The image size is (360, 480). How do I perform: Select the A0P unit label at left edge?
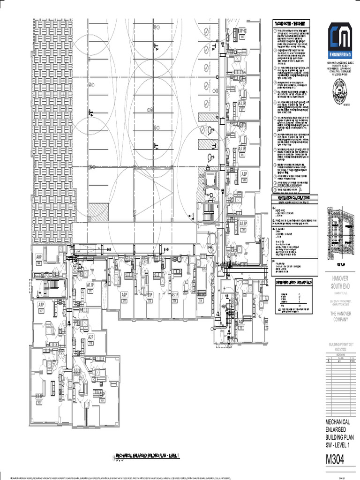pos(39,257)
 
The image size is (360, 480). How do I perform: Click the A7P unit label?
pos(41,305)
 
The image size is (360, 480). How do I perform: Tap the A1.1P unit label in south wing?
pos(90,285)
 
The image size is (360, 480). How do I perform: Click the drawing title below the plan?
pos(148,455)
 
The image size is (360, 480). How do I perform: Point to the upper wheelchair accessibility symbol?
pos(211,129)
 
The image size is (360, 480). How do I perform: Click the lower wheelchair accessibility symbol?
pos(211,156)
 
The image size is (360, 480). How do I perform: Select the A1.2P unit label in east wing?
pos(243,225)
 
